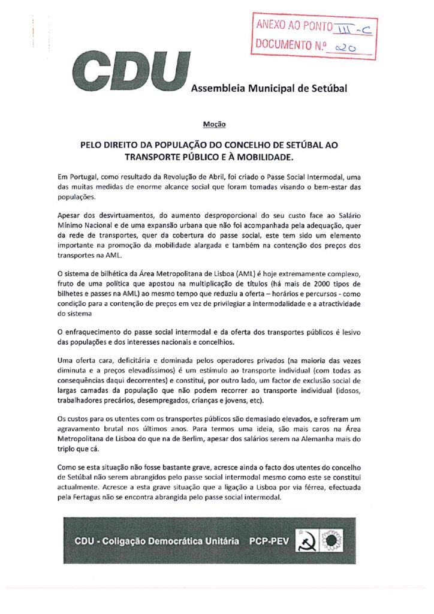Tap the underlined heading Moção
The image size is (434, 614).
click(x=214, y=125)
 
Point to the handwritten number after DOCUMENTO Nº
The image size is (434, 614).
click(x=347, y=47)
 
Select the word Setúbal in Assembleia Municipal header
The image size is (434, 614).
click(x=327, y=89)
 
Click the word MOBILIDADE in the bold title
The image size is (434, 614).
click(x=261, y=158)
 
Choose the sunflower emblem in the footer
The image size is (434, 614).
click(x=331, y=540)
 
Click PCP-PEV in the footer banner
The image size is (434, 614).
click(x=271, y=541)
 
